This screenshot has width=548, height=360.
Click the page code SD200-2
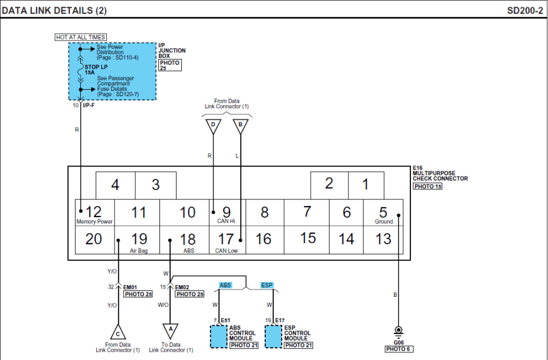[x=524, y=11]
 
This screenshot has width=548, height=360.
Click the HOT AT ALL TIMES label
[x=81, y=37]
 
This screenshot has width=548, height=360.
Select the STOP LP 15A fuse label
[x=96, y=70]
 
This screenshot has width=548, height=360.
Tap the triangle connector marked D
[x=213, y=125]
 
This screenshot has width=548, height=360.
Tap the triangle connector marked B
[x=240, y=125]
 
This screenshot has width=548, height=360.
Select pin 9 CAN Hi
[x=226, y=213]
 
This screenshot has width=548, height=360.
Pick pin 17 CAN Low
[x=226, y=240]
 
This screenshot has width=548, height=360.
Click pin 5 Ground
[x=383, y=213]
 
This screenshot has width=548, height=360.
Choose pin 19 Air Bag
[x=139, y=240]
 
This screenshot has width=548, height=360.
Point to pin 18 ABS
[x=187, y=240]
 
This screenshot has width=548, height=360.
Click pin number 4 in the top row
[x=115, y=185]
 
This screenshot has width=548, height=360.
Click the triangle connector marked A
[x=171, y=330]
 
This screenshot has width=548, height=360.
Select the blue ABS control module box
[x=219, y=336]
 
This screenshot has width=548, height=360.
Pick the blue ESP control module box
[x=273, y=336]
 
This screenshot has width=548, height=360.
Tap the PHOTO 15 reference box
[x=427, y=186]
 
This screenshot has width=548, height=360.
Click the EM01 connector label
[x=130, y=287]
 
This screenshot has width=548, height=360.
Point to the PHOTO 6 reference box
[x=399, y=349]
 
